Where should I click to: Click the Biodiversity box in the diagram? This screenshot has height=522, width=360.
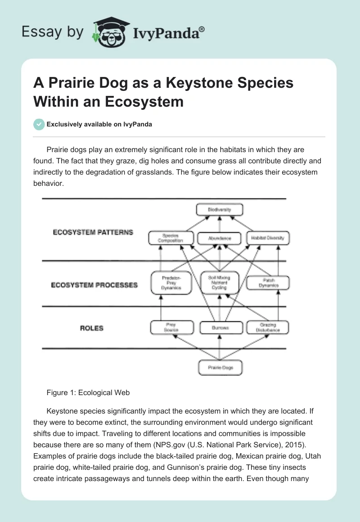click(x=220, y=210)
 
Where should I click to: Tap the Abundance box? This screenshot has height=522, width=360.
click(x=220, y=238)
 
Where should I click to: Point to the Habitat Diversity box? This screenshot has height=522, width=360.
click(x=268, y=238)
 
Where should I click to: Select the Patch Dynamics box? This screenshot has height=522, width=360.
click(x=268, y=283)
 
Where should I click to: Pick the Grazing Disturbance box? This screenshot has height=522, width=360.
click(x=268, y=328)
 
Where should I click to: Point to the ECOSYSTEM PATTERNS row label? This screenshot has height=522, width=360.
click(x=93, y=233)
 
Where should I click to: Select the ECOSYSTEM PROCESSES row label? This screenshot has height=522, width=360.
click(x=94, y=285)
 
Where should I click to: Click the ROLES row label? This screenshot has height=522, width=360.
click(x=92, y=328)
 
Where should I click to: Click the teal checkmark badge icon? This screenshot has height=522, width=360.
click(x=39, y=124)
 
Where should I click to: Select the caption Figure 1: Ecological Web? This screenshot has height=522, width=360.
click(x=88, y=392)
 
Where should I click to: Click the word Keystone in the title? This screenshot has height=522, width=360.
click(x=198, y=83)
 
